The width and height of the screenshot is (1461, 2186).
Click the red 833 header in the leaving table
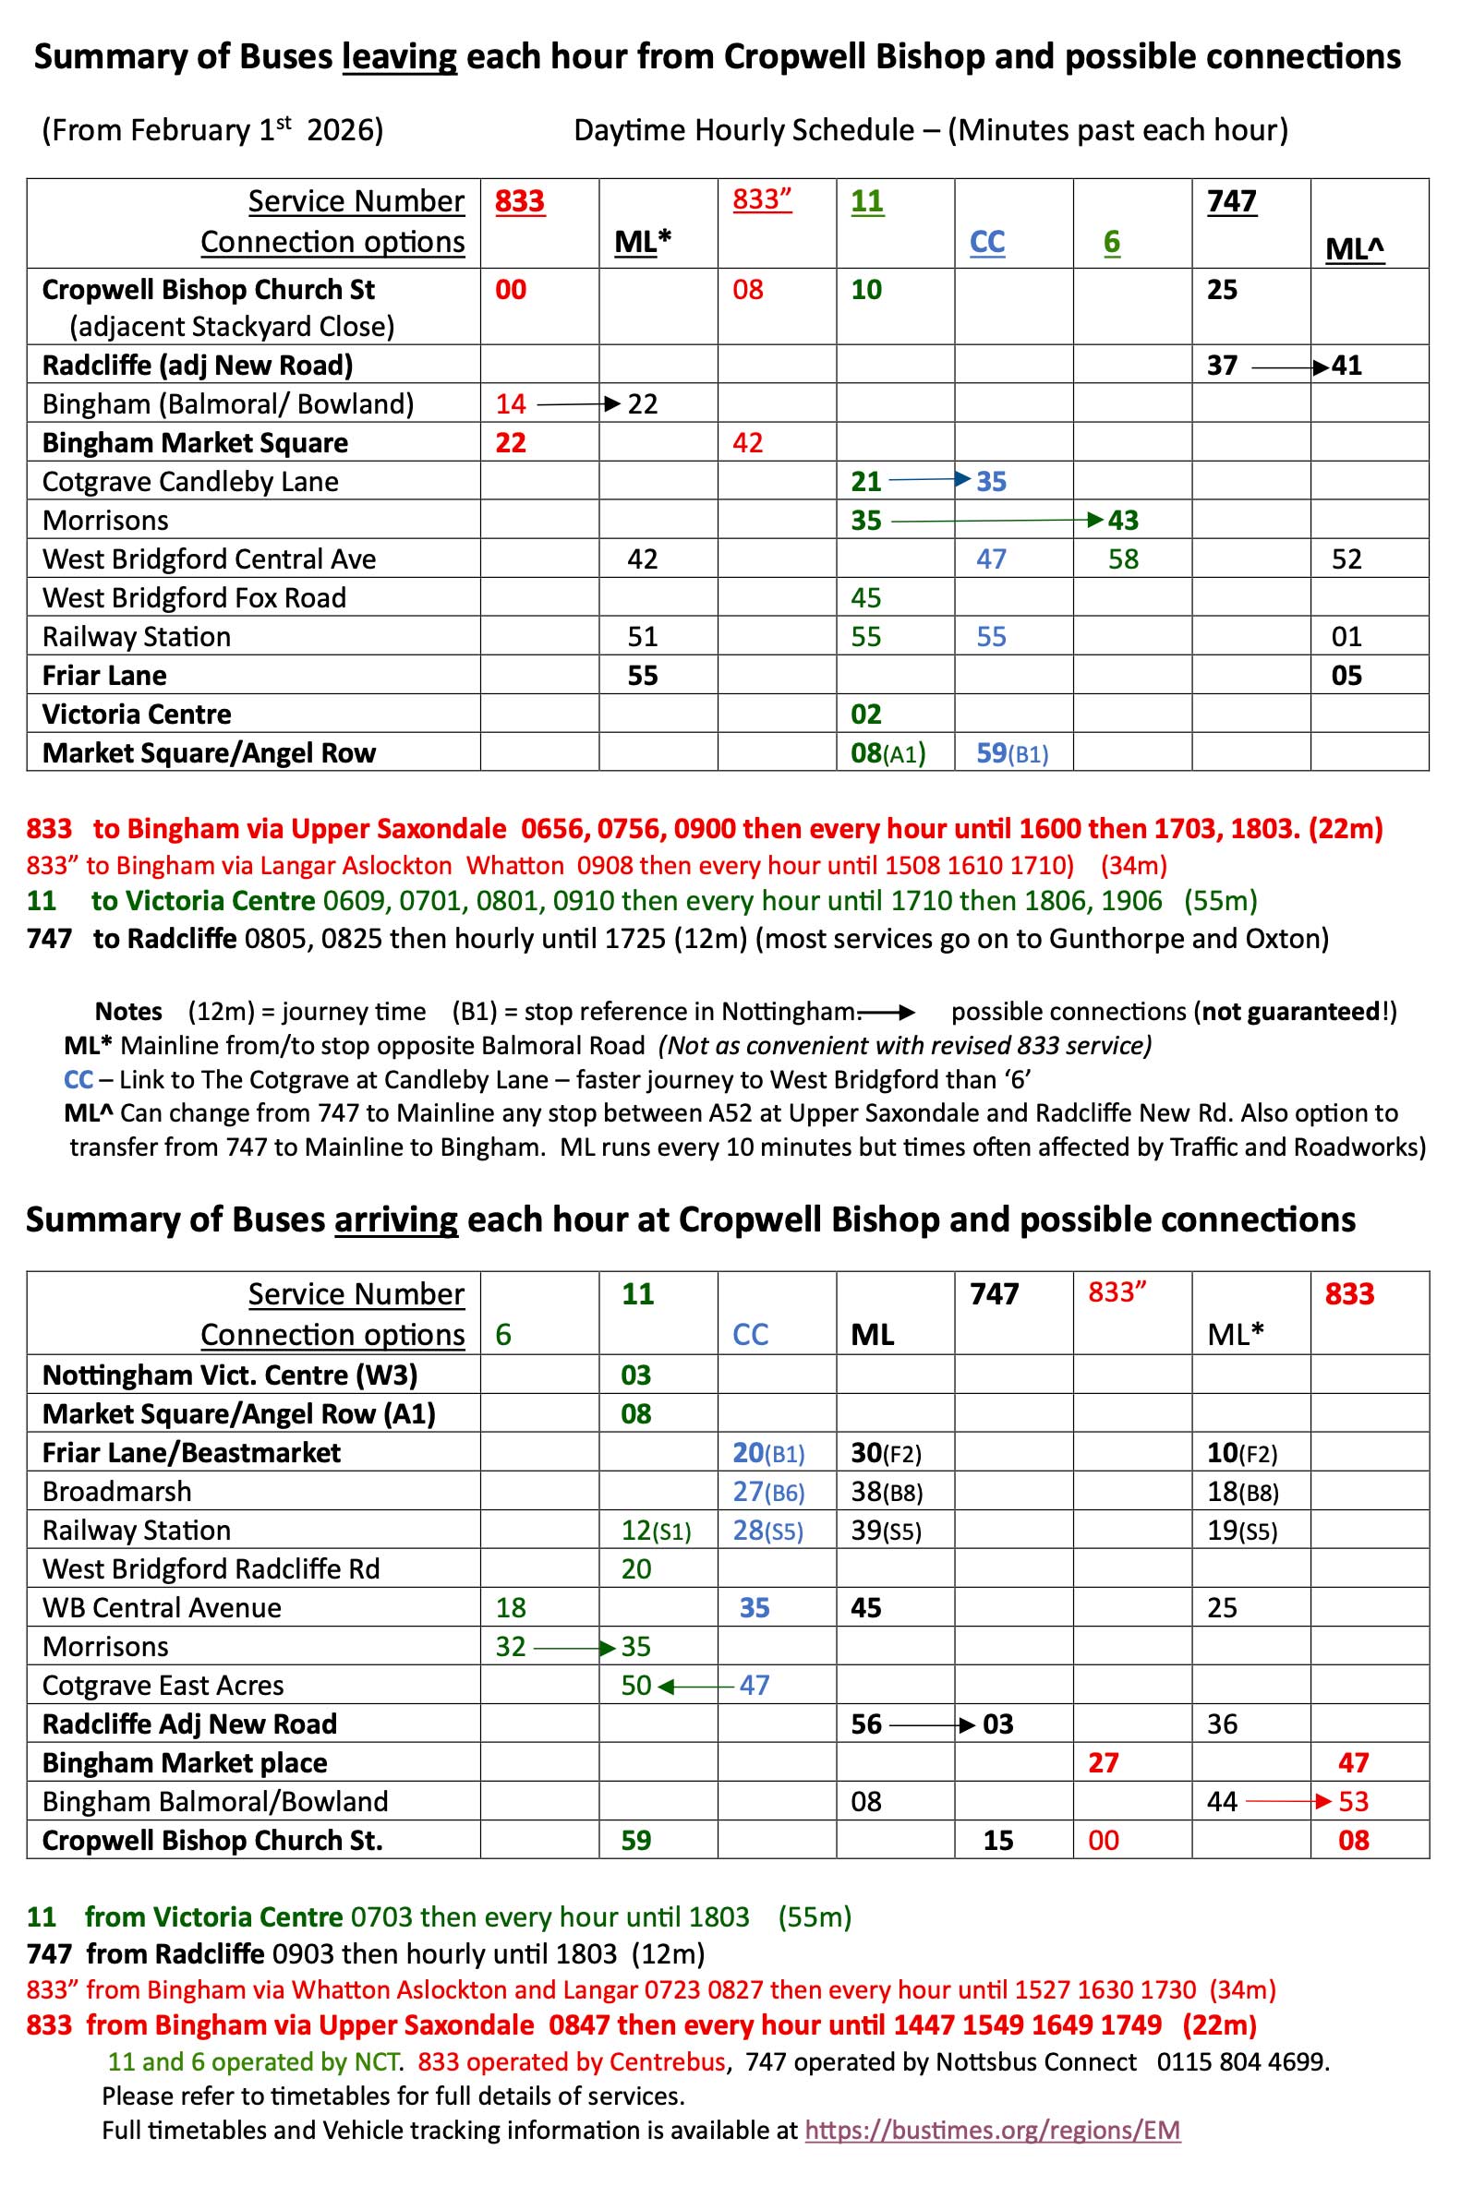[519, 201]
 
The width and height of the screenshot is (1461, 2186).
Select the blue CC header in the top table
[986, 242]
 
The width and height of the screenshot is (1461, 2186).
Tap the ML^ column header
[1354, 248]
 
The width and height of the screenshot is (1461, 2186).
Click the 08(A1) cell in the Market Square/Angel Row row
[887, 752]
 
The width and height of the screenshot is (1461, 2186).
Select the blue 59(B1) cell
[1012, 752]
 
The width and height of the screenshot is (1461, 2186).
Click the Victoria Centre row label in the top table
[136, 715]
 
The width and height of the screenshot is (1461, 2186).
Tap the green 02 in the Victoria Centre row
[865, 715]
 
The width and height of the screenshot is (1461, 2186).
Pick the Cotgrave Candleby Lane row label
[190, 482]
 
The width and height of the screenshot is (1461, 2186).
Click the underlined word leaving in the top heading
[400, 58]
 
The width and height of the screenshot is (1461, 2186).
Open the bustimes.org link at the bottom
[993, 2130]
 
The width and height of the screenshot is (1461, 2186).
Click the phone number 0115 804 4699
[1242, 2062]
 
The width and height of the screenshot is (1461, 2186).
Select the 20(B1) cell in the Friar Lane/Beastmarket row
[767, 1453]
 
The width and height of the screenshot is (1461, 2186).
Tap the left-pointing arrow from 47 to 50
[695, 1686]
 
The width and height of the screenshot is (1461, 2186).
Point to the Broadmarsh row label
[116, 1491]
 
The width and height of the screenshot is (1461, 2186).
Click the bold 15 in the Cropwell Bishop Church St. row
[998, 1841]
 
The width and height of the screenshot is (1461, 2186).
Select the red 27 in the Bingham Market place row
[1104, 1762]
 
